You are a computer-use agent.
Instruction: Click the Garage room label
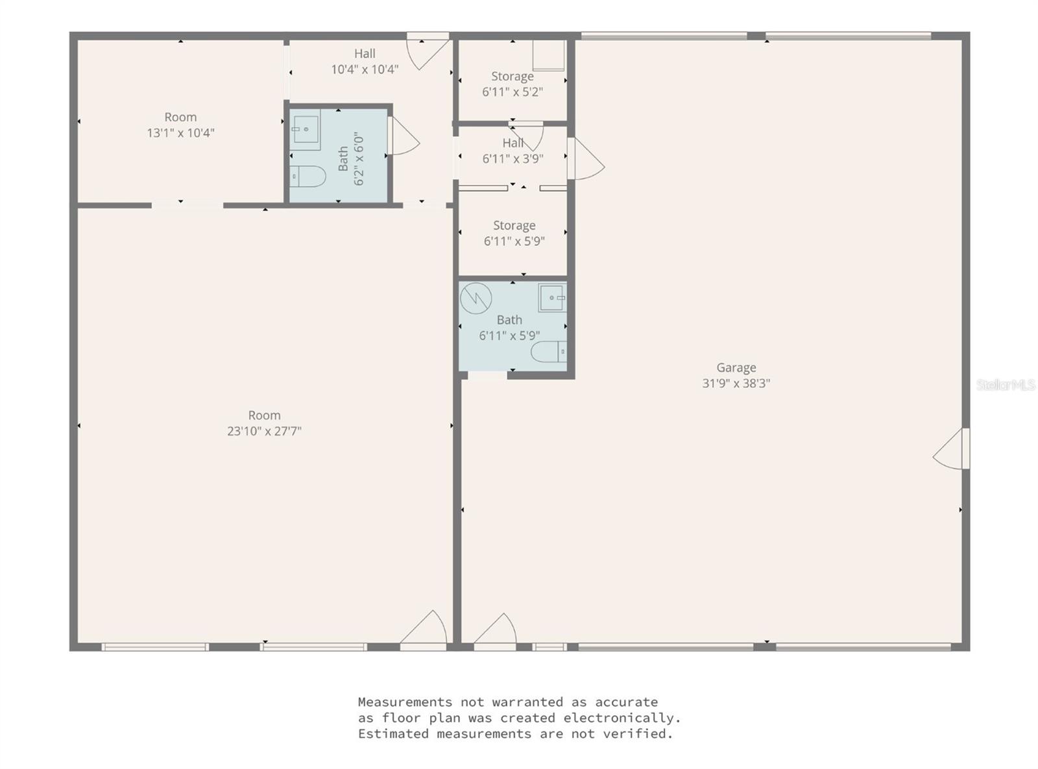(736, 368)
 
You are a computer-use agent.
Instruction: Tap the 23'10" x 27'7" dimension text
(264, 431)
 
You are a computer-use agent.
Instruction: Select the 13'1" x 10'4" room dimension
(180, 133)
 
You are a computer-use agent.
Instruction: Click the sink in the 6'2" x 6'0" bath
(305, 129)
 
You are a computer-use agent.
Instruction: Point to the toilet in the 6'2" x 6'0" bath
(307, 176)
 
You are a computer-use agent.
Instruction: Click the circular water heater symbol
(476, 299)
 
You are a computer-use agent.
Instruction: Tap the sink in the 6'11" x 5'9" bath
(552, 298)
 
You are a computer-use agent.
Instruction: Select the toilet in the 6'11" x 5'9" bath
(549, 352)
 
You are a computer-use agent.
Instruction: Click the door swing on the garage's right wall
(950, 450)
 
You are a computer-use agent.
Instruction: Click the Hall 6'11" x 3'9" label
(513, 151)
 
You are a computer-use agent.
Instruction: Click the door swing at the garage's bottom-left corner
(496, 631)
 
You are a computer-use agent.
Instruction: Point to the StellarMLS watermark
(1006, 385)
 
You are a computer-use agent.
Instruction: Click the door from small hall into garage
(586, 159)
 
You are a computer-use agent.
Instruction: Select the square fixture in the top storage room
(548, 56)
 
